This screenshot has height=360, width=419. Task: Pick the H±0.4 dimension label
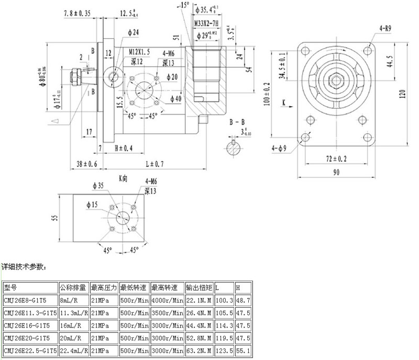click(x=123, y=148)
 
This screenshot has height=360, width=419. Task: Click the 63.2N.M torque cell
click(x=199, y=349)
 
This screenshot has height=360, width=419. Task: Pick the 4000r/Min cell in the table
click(x=167, y=301)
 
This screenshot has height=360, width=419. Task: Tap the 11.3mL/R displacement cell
click(x=74, y=313)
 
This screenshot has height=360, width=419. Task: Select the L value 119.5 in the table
click(x=224, y=337)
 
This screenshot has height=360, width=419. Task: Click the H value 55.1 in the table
click(x=243, y=349)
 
